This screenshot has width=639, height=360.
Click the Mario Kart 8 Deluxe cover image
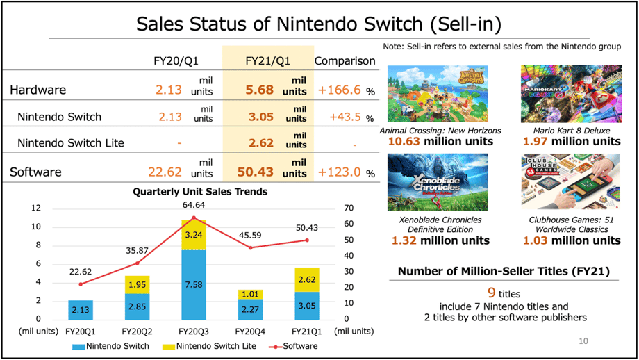570,94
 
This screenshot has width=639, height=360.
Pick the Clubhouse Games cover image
570,183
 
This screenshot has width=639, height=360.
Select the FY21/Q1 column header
267,60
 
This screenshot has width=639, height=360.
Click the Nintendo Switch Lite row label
71,143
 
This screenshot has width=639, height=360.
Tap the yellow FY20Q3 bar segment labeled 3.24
194,235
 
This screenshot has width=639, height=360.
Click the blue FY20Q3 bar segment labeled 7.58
194,284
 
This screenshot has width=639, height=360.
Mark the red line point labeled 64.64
194,218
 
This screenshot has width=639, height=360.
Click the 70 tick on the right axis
349,208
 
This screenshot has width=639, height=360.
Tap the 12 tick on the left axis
36,208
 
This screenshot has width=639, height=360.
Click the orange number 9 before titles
490,293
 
